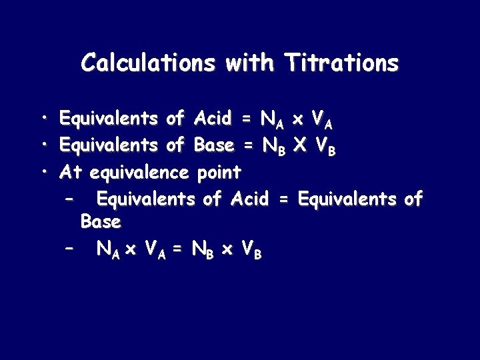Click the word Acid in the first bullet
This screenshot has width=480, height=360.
click(213, 119)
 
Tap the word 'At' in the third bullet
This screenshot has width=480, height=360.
click(71, 172)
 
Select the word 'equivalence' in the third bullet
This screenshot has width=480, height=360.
click(139, 173)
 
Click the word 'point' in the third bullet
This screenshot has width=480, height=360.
click(219, 173)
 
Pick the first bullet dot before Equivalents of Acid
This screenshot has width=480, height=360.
click(43, 119)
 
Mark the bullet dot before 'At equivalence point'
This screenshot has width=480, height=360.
click(43, 172)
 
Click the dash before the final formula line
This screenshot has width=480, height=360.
click(67, 248)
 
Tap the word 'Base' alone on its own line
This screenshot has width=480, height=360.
click(100, 221)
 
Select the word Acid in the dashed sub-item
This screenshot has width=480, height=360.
click(249, 199)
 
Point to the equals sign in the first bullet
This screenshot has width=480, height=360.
click(247, 120)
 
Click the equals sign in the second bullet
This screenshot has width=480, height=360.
click(249, 146)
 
